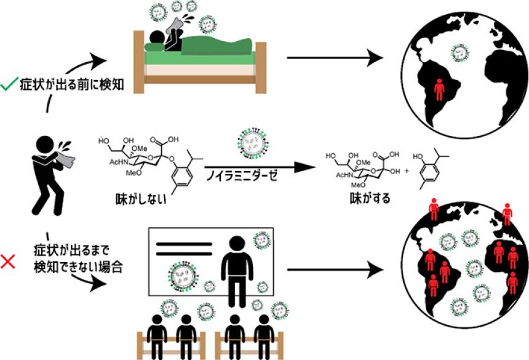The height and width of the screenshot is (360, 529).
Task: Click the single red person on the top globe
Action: pyautogui.click(x=439, y=91)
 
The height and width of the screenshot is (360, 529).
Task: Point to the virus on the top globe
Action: pyautogui.click(x=459, y=53)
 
